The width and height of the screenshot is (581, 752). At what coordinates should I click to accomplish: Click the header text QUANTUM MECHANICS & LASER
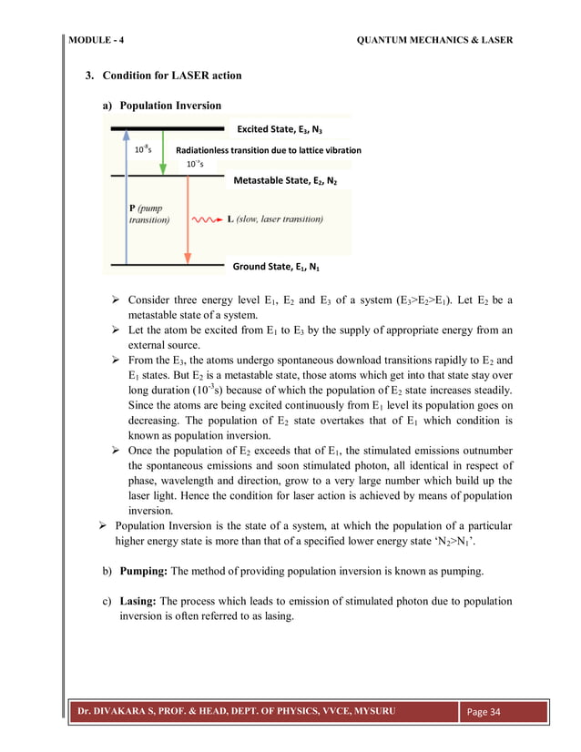pyautogui.click(x=434, y=40)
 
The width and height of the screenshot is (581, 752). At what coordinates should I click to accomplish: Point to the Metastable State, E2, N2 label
pyautogui.click(x=285, y=180)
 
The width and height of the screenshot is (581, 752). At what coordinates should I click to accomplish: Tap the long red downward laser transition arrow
pyautogui.click(x=188, y=218)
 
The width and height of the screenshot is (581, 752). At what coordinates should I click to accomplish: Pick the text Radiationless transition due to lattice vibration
pyautogui.click(x=268, y=149)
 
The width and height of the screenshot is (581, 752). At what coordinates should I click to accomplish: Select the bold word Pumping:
pyautogui.click(x=144, y=571)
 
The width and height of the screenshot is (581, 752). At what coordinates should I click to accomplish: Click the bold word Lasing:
pyautogui.click(x=141, y=602)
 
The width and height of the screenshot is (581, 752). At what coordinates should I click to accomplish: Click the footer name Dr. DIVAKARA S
pyautogui.click(x=122, y=710)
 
